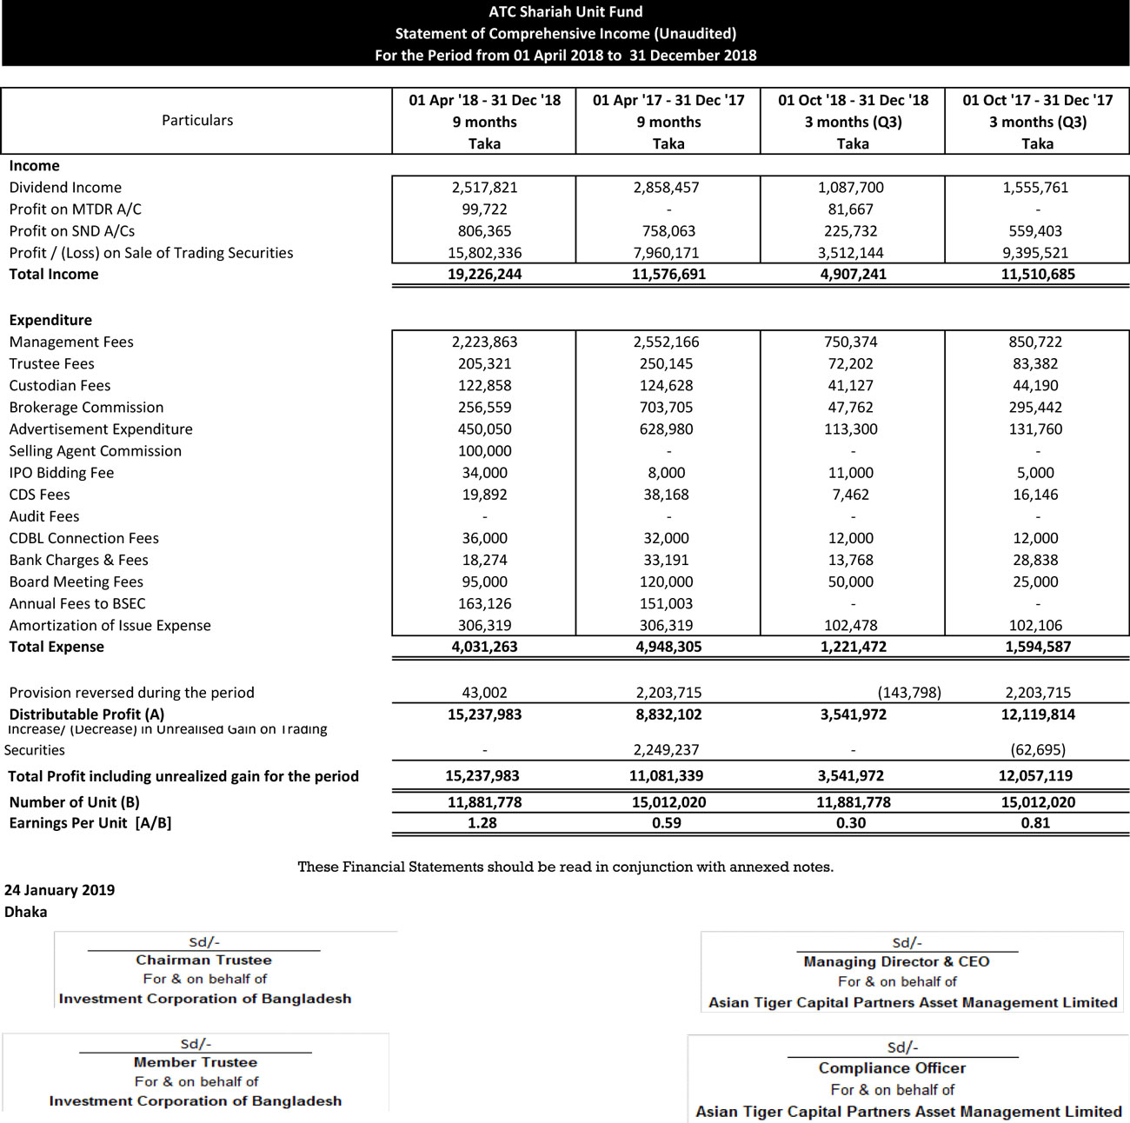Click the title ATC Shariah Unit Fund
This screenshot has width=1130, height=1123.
coord(565,11)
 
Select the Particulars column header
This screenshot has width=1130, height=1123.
coord(197,120)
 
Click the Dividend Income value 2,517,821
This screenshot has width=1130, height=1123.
coord(484,187)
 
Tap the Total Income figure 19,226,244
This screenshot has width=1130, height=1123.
coord(484,274)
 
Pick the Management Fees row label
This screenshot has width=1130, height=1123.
coord(71,342)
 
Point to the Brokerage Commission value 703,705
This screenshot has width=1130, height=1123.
coord(666,407)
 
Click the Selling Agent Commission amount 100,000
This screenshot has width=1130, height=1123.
coord(484,450)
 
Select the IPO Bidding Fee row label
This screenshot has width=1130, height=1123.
coord(62,472)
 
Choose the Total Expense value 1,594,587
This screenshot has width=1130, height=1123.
coord(1037,646)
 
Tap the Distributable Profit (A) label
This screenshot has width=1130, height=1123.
coord(87,714)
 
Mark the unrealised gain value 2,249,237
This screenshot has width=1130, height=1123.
coord(668,749)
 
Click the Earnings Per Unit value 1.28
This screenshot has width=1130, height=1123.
coord(482,822)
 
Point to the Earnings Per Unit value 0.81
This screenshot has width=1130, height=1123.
coord(1035,822)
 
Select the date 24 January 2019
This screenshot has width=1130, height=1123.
coord(59,889)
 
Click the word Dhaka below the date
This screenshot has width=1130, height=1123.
coord(26,911)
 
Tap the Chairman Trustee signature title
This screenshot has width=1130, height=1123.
coord(203,960)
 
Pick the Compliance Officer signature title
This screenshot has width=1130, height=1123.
coord(892,1067)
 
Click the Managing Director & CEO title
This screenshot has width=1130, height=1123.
coord(896,961)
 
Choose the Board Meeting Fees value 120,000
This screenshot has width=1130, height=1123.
coord(668,581)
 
